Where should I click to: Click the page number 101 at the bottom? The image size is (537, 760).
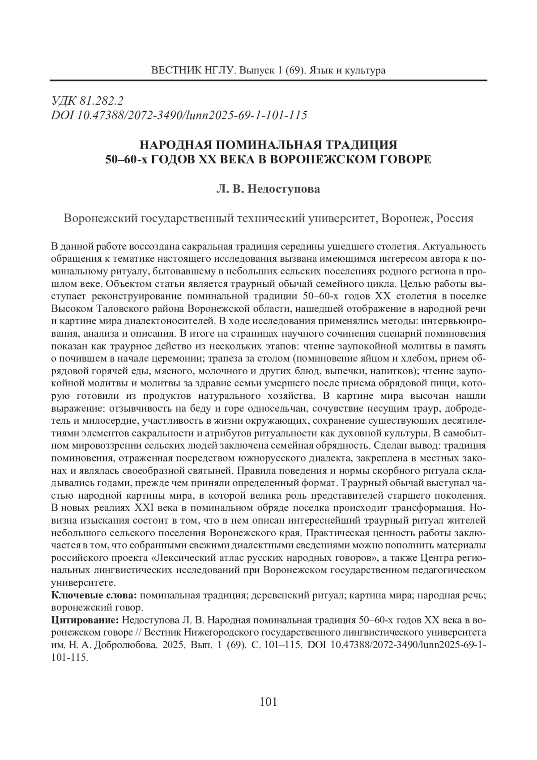(x=268, y=701)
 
